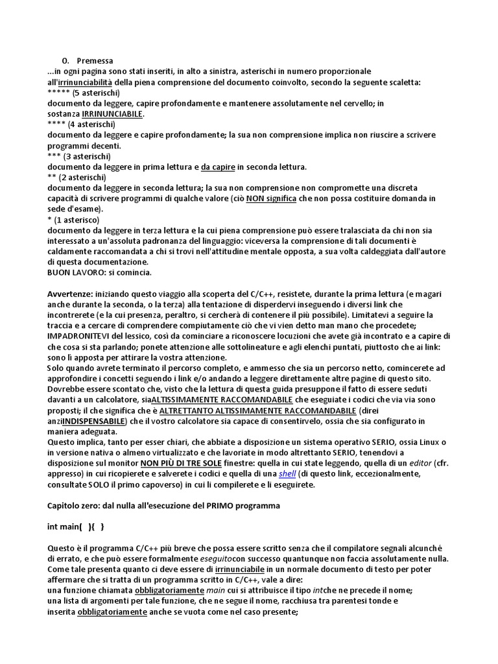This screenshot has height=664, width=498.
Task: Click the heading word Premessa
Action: click(95, 61)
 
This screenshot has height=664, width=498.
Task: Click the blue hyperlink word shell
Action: click(287, 474)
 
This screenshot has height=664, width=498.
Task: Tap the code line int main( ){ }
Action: click(76, 527)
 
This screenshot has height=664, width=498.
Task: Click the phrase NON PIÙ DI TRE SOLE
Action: click(181, 464)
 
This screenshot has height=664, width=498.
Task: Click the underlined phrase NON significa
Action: click(271, 198)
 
